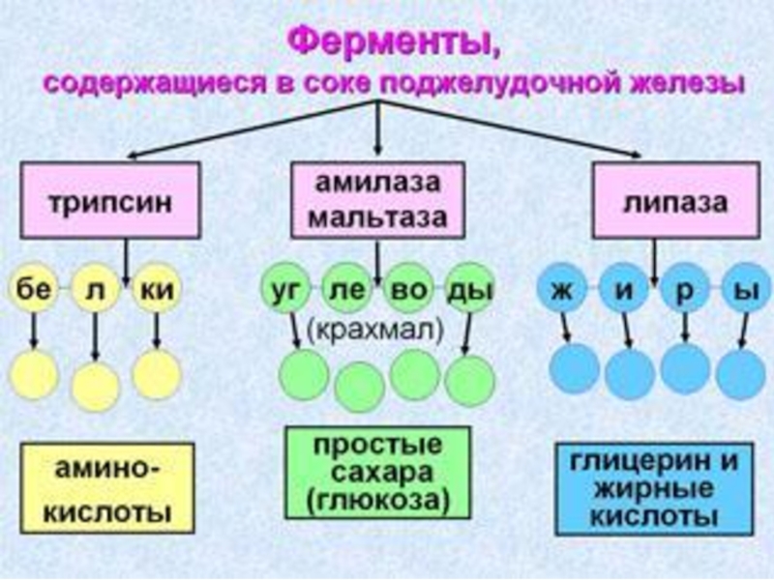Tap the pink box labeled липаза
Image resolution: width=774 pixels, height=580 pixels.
pyautogui.click(x=662, y=202)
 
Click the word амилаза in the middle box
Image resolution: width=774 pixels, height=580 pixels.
pyautogui.click(x=377, y=184)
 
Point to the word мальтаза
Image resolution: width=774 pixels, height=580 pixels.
pyautogui.click(x=377, y=217)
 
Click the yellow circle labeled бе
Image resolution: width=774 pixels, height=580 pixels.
pyautogui.click(x=34, y=288)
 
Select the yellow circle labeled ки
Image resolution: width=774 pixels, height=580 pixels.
pyautogui.click(x=156, y=288)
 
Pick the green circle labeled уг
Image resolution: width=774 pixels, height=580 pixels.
pyautogui.click(x=283, y=288)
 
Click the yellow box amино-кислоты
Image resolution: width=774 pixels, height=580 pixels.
pyautogui.click(x=95, y=489)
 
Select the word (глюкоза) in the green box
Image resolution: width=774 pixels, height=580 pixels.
pyautogui.click(x=377, y=502)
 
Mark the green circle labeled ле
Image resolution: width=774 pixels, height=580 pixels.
pyautogui.click(x=344, y=288)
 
